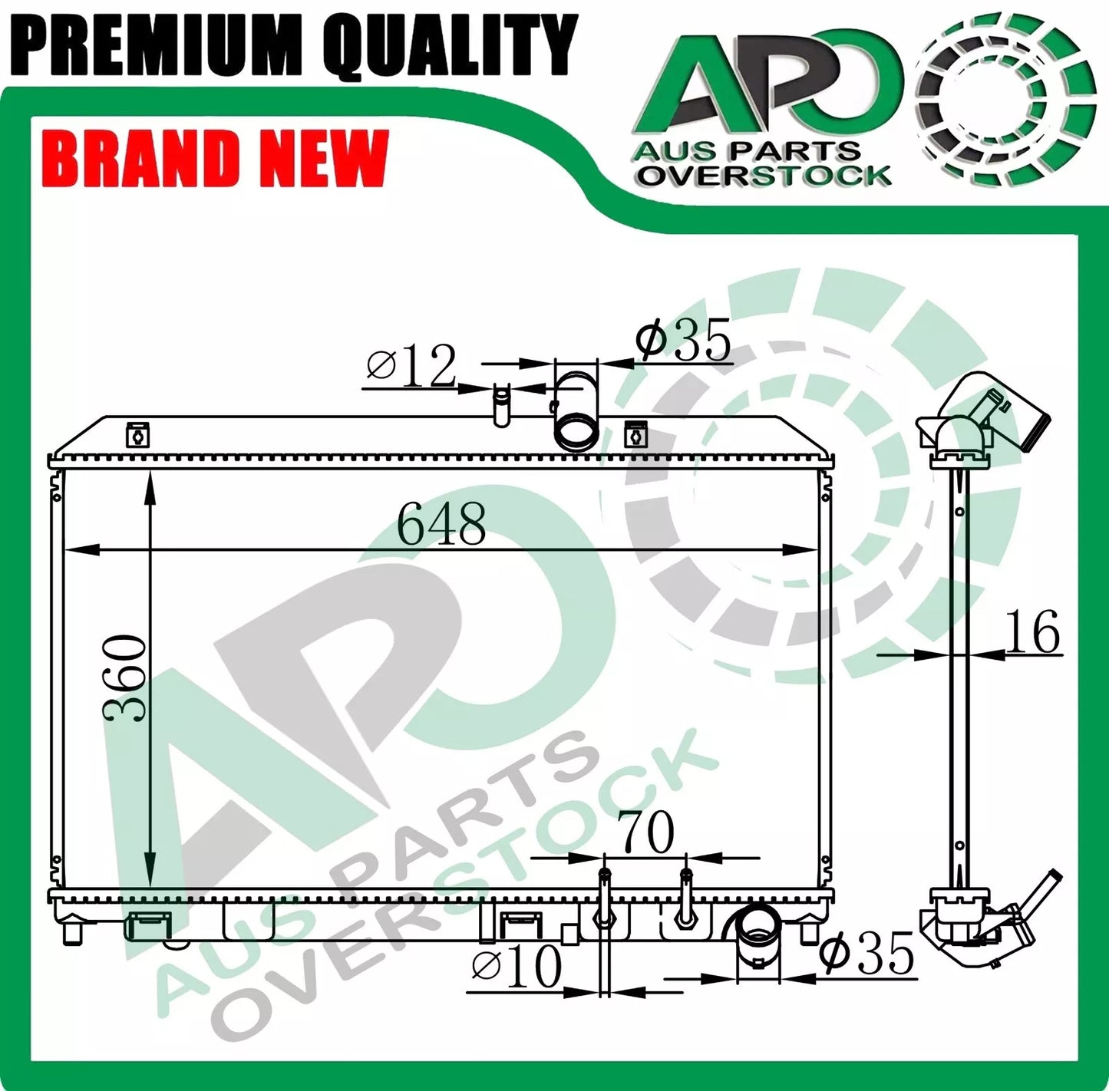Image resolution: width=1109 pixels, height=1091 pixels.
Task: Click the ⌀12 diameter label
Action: pos(411,367)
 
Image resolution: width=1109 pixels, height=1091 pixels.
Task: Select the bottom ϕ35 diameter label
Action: pos(867,954)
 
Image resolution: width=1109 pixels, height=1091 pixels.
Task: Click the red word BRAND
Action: pos(143,159)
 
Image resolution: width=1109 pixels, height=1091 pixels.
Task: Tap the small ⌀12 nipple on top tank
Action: pos(501,405)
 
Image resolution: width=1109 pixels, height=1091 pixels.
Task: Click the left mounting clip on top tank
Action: pos(137,435)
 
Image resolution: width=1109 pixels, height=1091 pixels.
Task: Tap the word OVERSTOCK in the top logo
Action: pos(765,176)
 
